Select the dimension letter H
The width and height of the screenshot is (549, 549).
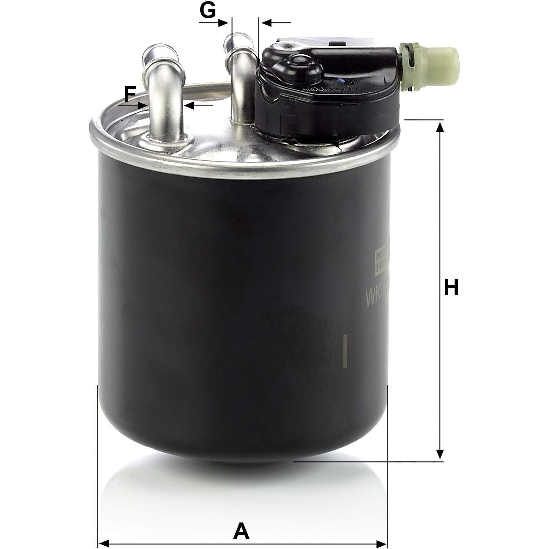[x=451, y=287]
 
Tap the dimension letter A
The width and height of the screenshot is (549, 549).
[x=242, y=520]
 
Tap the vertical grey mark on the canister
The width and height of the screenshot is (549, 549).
[x=345, y=351]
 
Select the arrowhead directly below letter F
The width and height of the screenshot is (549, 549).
[x=143, y=105]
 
